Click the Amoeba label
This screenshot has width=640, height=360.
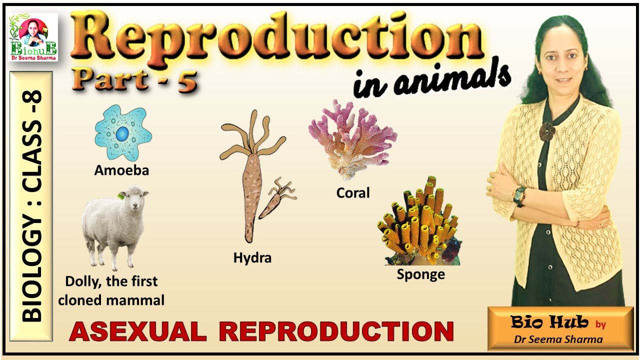(121, 170)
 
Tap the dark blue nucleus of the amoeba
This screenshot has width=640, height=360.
(122, 134)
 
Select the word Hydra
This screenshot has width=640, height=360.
(252, 258)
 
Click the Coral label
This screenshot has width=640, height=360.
(353, 192)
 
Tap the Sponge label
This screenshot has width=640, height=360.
(420, 274)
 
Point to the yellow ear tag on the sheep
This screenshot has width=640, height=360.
(120, 196)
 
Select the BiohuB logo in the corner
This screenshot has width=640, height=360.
(33, 37)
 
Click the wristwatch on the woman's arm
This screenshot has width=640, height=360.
(519, 195)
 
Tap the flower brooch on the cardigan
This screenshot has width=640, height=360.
(547, 131)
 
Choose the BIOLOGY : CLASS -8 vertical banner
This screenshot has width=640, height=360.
(31, 206)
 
